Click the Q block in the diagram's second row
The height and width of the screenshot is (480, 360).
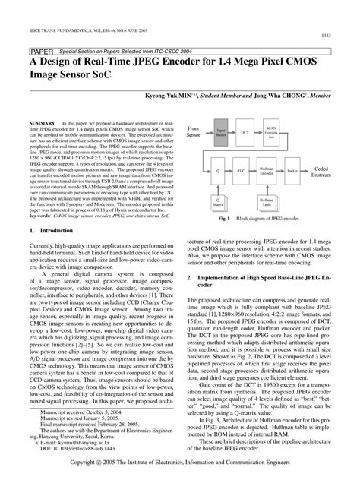click(221, 171)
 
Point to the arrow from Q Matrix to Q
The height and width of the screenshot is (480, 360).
click(221, 187)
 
